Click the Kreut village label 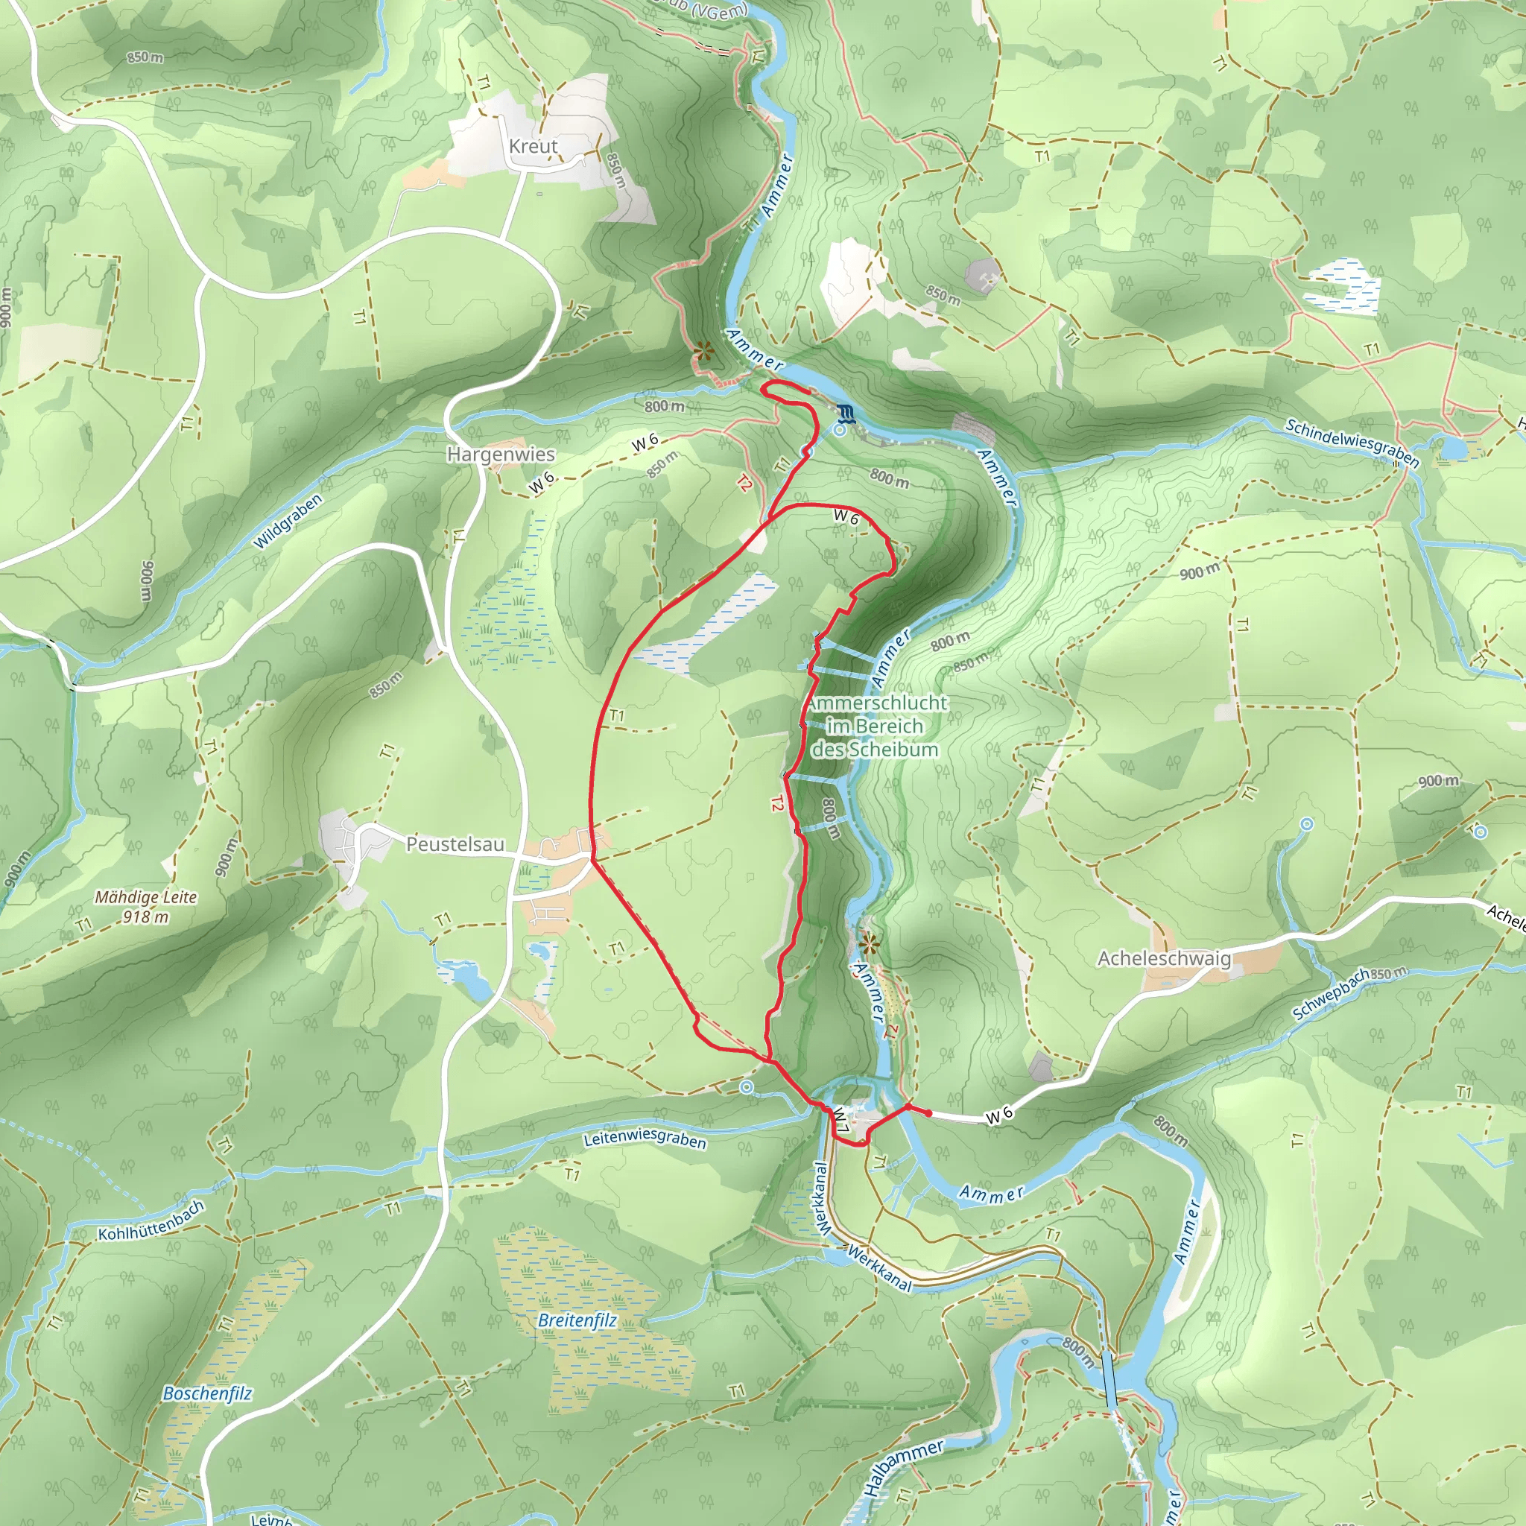pyautogui.click(x=534, y=146)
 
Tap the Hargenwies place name pyautogui.click(x=501, y=455)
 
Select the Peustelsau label pyautogui.click(x=455, y=844)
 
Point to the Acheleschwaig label pyautogui.click(x=1165, y=958)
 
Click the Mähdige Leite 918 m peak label pyautogui.click(x=146, y=907)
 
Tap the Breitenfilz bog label pyautogui.click(x=577, y=1320)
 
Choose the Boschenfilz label pyautogui.click(x=207, y=1393)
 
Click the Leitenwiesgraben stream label pyautogui.click(x=645, y=1139)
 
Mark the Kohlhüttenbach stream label pyautogui.click(x=151, y=1221)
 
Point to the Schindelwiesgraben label pyautogui.click(x=1352, y=443)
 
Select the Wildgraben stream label pyautogui.click(x=288, y=522)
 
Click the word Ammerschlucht pyautogui.click(x=877, y=702)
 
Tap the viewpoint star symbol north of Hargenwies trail pyautogui.click(x=703, y=351)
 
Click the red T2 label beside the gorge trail pyautogui.click(x=777, y=804)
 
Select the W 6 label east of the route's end pyautogui.click(x=999, y=1115)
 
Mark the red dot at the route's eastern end pyautogui.click(x=929, y=1113)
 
